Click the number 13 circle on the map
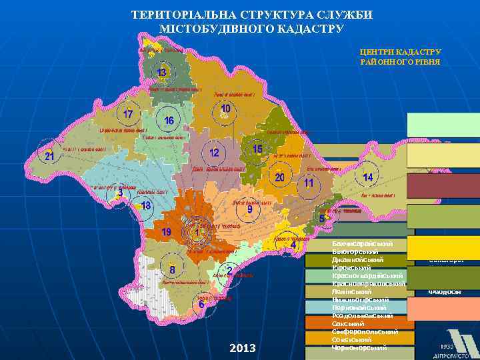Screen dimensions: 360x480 [161, 72]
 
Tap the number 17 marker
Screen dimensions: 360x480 [127, 113]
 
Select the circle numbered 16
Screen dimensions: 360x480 [169, 120]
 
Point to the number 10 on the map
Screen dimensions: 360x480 [226, 108]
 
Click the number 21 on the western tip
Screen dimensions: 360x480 [49, 156]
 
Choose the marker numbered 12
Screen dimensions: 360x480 [214, 153]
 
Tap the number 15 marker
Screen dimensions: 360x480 [257, 149]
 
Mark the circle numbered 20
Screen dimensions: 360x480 [280, 177]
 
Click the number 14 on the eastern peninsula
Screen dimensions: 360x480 [367, 177]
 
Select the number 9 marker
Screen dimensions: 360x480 [249, 209]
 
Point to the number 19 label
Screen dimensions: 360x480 [167, 231]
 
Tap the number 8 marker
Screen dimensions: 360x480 [173, 270]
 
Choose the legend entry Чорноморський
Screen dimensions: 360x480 [360, 347]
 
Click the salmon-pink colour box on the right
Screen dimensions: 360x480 [443, 309]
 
